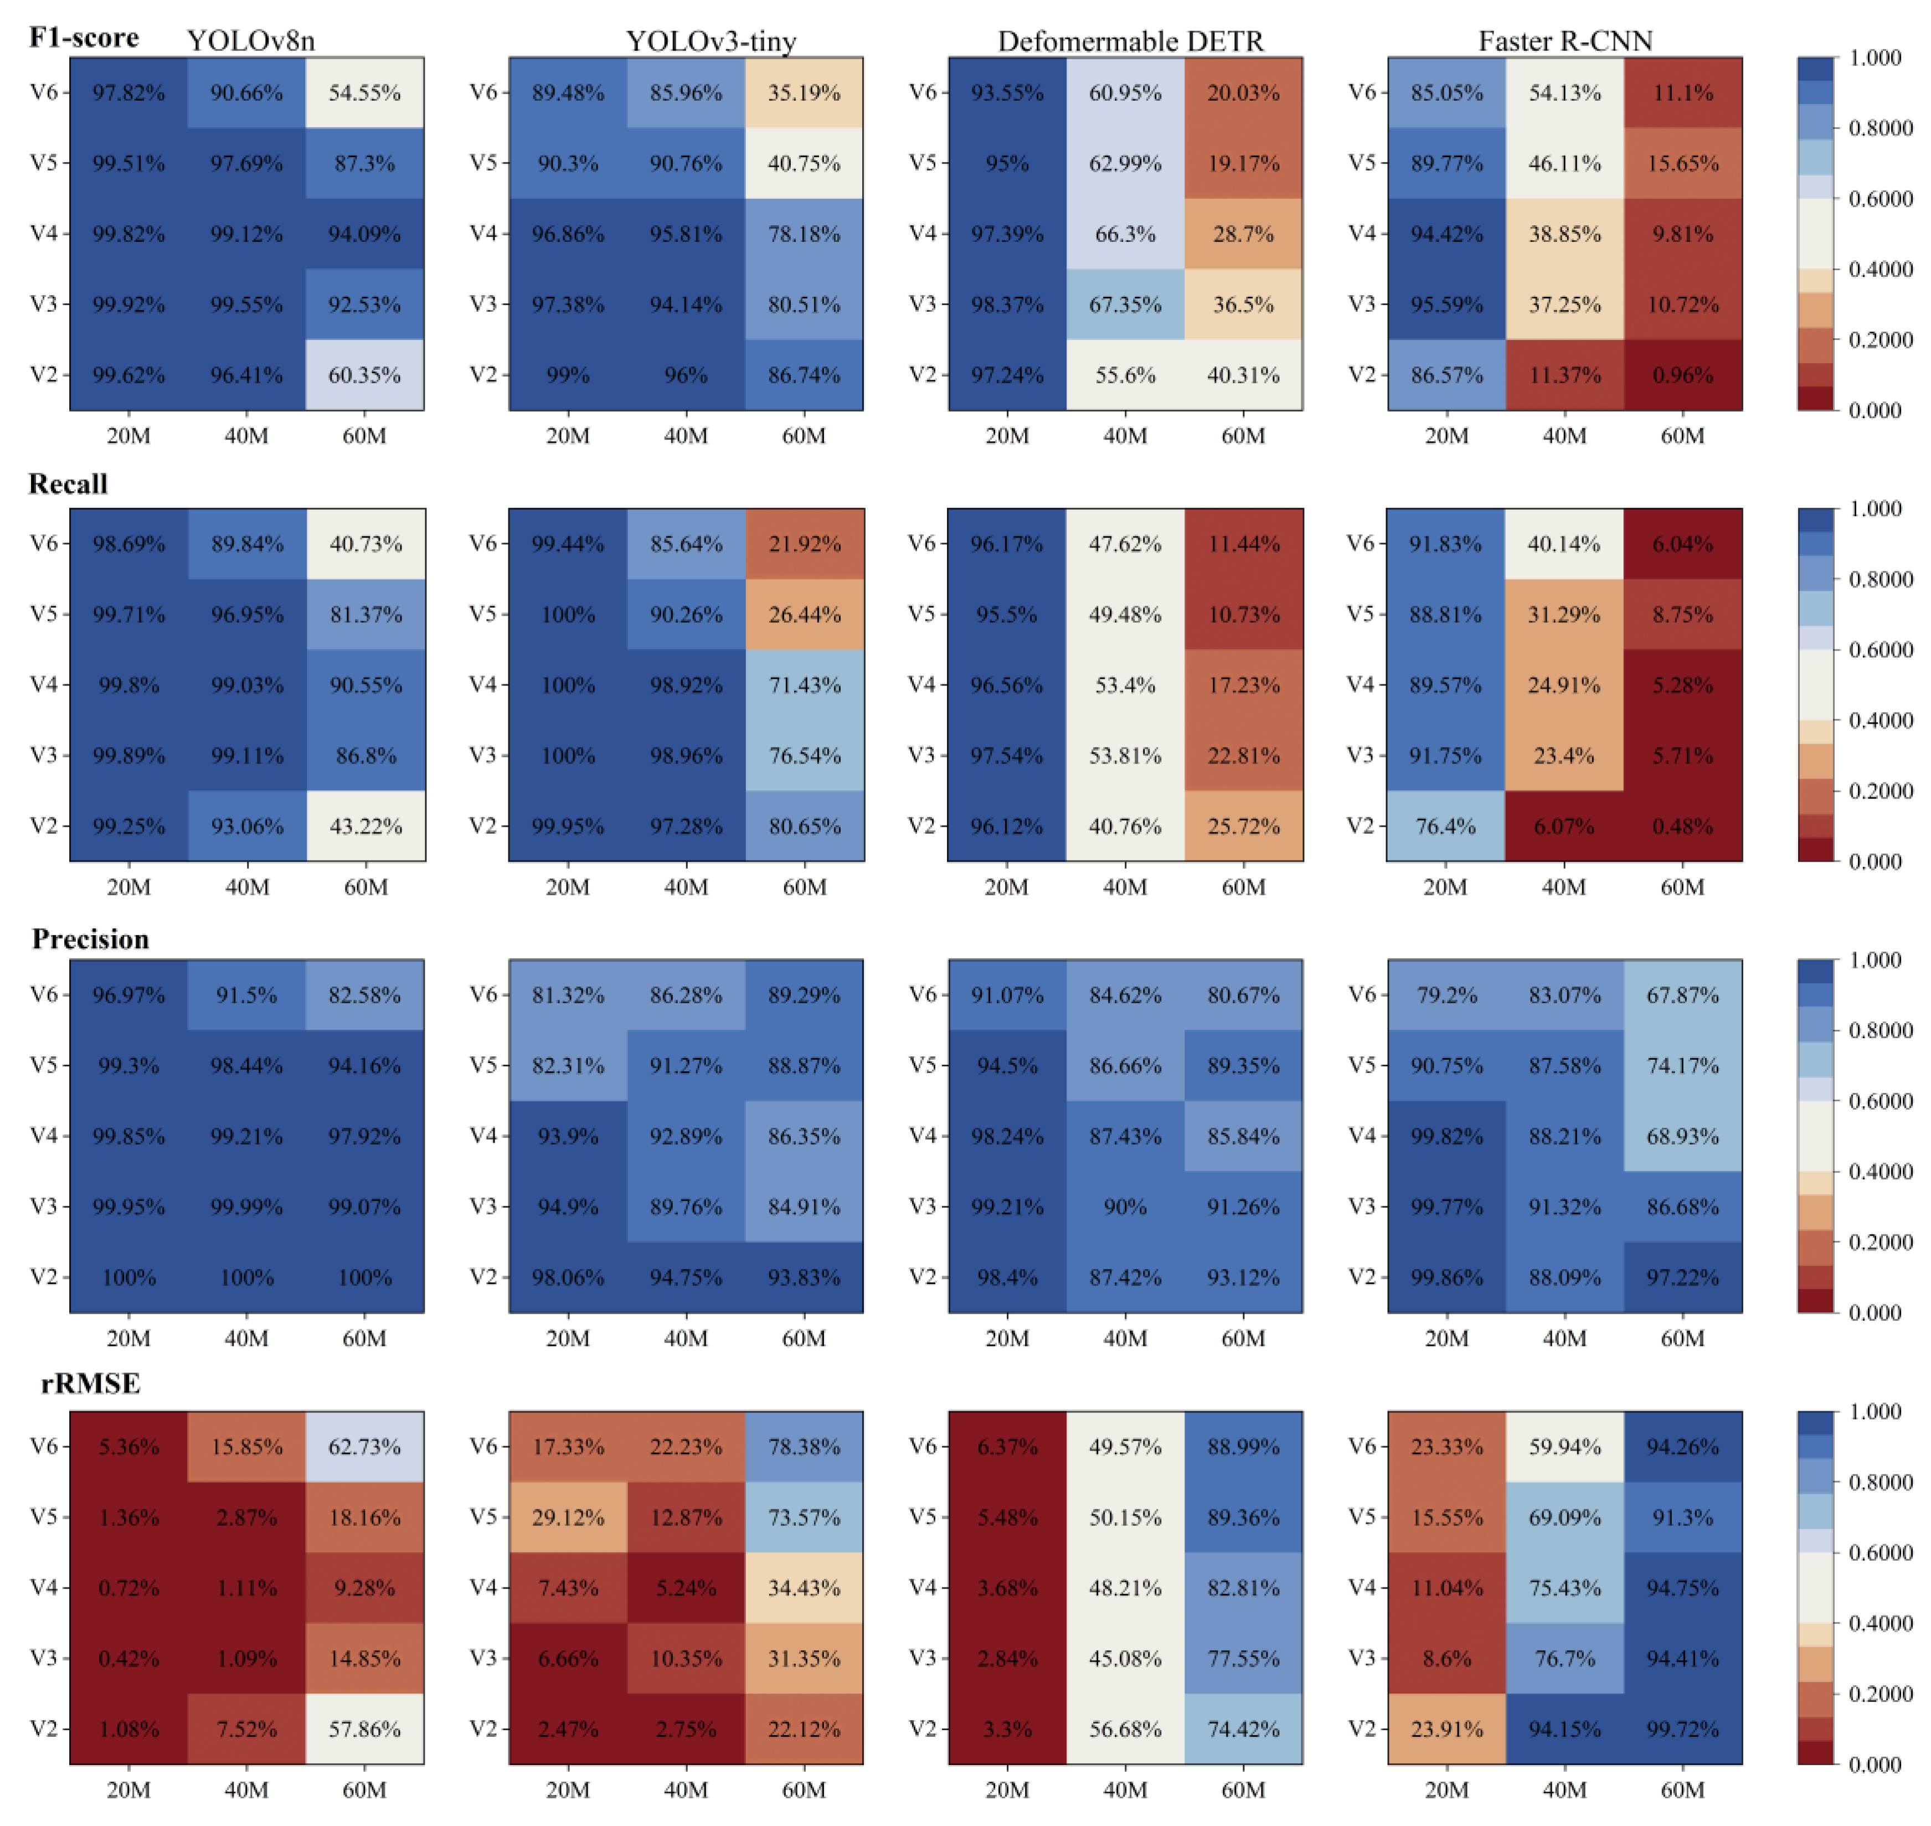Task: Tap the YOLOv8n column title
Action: [251, 41]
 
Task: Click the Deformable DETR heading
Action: [1130, 41]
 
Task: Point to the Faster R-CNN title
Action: [1565, 41]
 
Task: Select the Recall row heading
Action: [68, 484]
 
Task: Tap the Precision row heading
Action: [90, 938]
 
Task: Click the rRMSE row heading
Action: [90, 1383]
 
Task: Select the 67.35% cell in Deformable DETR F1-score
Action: [1125, 305]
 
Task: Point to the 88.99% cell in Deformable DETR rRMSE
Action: [1243, 1446]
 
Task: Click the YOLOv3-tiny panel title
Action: [710, 41]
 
